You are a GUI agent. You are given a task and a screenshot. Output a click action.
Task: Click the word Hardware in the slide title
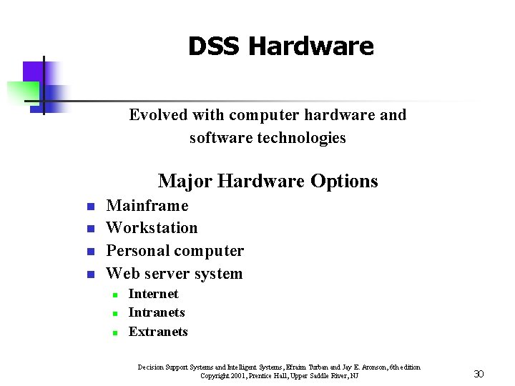point(311,46)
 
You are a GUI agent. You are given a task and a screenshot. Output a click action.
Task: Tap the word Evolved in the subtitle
point(157,115)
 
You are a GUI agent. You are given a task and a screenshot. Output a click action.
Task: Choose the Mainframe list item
point(147,206)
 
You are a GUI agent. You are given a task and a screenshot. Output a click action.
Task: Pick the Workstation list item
point(152,228)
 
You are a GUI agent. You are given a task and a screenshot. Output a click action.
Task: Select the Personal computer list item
point(175,251)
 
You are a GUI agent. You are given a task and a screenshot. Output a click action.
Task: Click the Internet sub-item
point(153,294)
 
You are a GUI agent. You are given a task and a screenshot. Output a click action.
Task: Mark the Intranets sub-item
point(157,312)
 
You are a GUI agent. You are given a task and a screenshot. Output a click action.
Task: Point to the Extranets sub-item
point(158,332)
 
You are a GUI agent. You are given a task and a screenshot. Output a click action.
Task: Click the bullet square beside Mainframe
point(91,207)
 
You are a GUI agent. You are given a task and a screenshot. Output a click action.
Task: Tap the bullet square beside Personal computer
point(91,252)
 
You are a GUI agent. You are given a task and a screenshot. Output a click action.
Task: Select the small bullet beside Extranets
point(114,332)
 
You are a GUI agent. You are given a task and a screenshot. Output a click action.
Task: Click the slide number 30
point(479,373)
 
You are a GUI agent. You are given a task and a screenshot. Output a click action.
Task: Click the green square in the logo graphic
point(23,91)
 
